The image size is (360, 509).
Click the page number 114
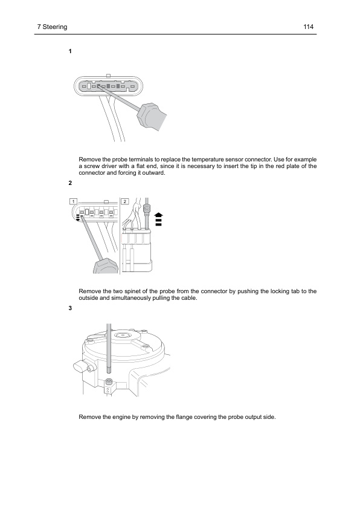(x=308, y=27)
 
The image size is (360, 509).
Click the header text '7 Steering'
(x=52, y=27)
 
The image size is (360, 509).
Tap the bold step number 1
(x=70, y=51)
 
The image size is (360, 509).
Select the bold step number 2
(x=70, y=183)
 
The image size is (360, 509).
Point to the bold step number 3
(x=70, y=308)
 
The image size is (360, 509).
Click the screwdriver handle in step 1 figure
(x=152, y=117)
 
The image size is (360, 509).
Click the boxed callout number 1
(x=73, y=201)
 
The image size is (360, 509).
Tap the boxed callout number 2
(x=125, y=201)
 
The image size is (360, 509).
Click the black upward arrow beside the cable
(x=159, y=219)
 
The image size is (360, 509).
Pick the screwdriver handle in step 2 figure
(x=106, y=266)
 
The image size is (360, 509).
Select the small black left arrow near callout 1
(x=78, y=220)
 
